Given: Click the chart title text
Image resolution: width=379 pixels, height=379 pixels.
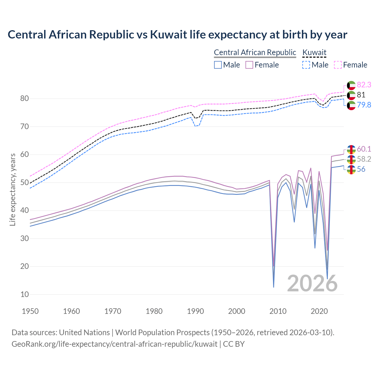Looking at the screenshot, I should pos(177,35).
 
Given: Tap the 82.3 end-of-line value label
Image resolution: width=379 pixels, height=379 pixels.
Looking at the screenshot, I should pos(364,85).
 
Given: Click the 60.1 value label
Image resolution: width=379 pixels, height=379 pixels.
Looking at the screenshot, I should pos(364,149).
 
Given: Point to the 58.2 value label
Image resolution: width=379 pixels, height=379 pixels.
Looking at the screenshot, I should pos(364,159).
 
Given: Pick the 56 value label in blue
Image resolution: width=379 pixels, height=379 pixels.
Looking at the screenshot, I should pos(361,169).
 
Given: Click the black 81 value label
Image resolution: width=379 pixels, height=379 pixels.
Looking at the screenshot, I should pos(361,95).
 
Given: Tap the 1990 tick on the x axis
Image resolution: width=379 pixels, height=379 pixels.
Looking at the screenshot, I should pos(195,311).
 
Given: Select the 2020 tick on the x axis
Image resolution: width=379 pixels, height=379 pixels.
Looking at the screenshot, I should pos(319,311).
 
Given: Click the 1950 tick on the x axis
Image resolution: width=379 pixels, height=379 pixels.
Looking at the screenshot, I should pos(30,311).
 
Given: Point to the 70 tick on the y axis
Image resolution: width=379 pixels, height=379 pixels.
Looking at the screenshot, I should pos(24,127).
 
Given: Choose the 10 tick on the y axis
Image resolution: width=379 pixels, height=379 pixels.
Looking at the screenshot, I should pos(24,295).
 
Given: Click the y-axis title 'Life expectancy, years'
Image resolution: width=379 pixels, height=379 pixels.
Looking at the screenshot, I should pos(13,189).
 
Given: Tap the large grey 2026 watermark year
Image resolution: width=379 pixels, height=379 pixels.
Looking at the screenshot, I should pos(312,283).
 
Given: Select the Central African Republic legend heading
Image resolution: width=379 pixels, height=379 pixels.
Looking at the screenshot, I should pos(255,53).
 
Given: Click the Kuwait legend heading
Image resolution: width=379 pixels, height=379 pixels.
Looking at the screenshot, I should pos(314,53).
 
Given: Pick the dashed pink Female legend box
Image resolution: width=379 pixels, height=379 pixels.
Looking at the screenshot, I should pos(338,65).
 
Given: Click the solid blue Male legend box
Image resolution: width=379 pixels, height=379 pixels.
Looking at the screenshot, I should pos(218,65).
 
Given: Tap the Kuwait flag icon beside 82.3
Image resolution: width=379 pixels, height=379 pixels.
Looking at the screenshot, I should pos(351,85).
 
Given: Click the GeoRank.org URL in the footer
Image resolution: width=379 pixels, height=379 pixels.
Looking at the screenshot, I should pos(114,344).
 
